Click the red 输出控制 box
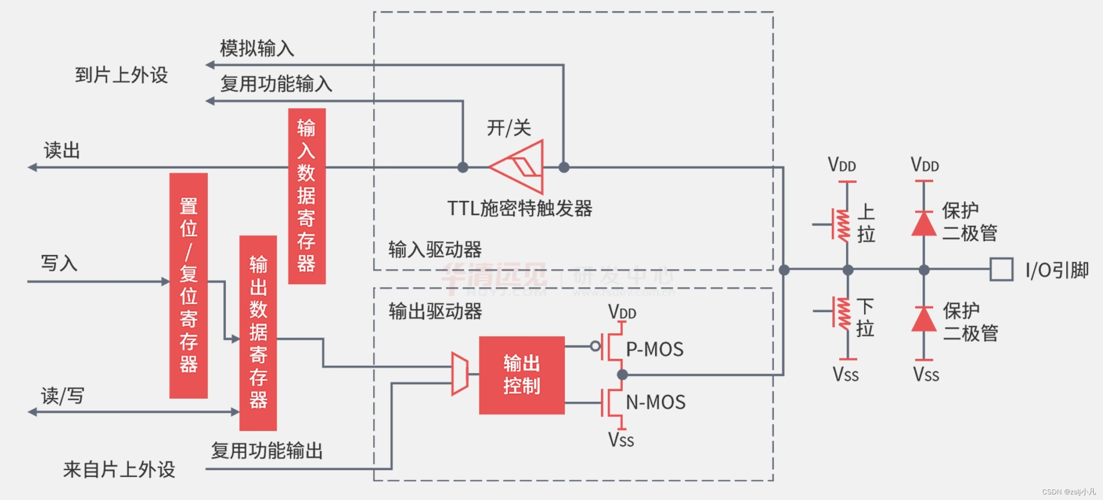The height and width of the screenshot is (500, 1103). click(522, 375)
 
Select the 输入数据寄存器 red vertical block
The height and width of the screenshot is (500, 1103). click(307, 196)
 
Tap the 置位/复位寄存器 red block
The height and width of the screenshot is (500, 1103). click(188, 285)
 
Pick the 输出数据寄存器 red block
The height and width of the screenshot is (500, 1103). click(258, 333)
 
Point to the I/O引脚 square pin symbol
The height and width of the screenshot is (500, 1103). click(1001, 269)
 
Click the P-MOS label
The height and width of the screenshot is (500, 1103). click(655, 349)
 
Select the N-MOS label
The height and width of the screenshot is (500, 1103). click(656, 402)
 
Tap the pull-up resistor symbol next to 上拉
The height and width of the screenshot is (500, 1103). click(843, 226)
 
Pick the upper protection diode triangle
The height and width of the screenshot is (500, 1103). click(924, 224)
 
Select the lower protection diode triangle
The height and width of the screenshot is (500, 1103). click(924, 319)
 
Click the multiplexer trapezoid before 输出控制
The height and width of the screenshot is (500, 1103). click(460, 374)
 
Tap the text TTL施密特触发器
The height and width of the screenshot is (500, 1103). click(520, 208)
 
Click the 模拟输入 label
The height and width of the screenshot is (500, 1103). click(257, 49)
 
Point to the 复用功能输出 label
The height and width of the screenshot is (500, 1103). click(267, 451)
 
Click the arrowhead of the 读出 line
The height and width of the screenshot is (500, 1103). click(32, 167)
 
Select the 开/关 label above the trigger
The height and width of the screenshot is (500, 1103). click(509, 128)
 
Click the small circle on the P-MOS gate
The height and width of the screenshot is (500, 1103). click(595, 346)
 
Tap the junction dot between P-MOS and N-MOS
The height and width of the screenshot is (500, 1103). click(622, 375)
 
